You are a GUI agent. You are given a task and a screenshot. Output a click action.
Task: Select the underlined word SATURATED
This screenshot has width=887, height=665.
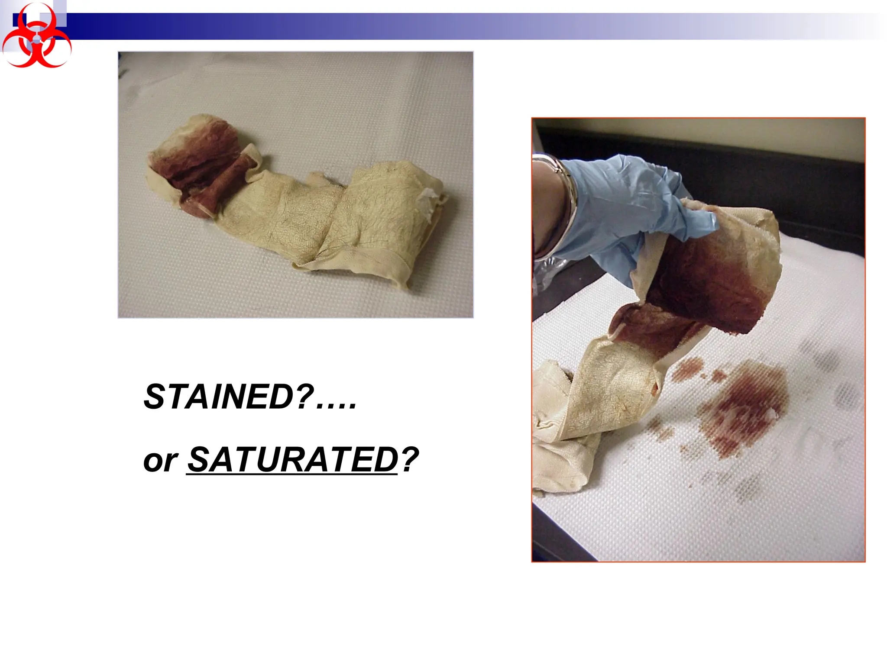[x=292, y=460]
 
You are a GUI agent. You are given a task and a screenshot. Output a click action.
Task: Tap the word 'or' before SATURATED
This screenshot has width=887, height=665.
[x=160, y=461]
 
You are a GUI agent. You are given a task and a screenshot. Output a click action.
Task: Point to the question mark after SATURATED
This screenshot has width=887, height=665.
[x=410, y=460]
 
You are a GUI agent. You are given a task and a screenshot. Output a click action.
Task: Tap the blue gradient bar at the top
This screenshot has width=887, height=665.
[x=433, y=26]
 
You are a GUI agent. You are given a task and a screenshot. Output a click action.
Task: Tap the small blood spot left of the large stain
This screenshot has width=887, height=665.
[x=686, y=368]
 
